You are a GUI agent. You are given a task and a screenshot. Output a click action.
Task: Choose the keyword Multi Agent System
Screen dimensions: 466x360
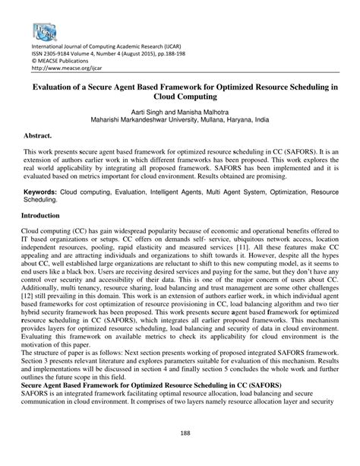[x=241, y=185]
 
